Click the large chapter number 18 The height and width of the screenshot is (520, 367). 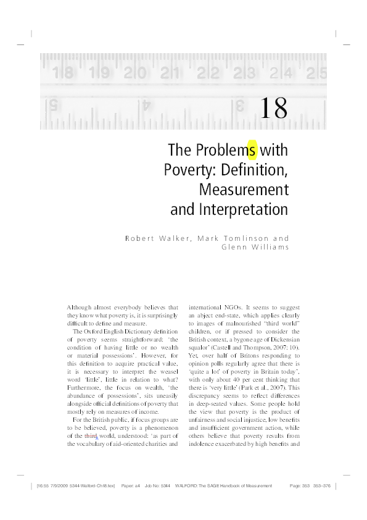pyautogui.click(x=273, y=108)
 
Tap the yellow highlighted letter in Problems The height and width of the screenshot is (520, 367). pyautogui.click(x=252, y=150)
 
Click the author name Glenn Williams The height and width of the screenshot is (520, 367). pyautogui.click(x=255, y=248)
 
